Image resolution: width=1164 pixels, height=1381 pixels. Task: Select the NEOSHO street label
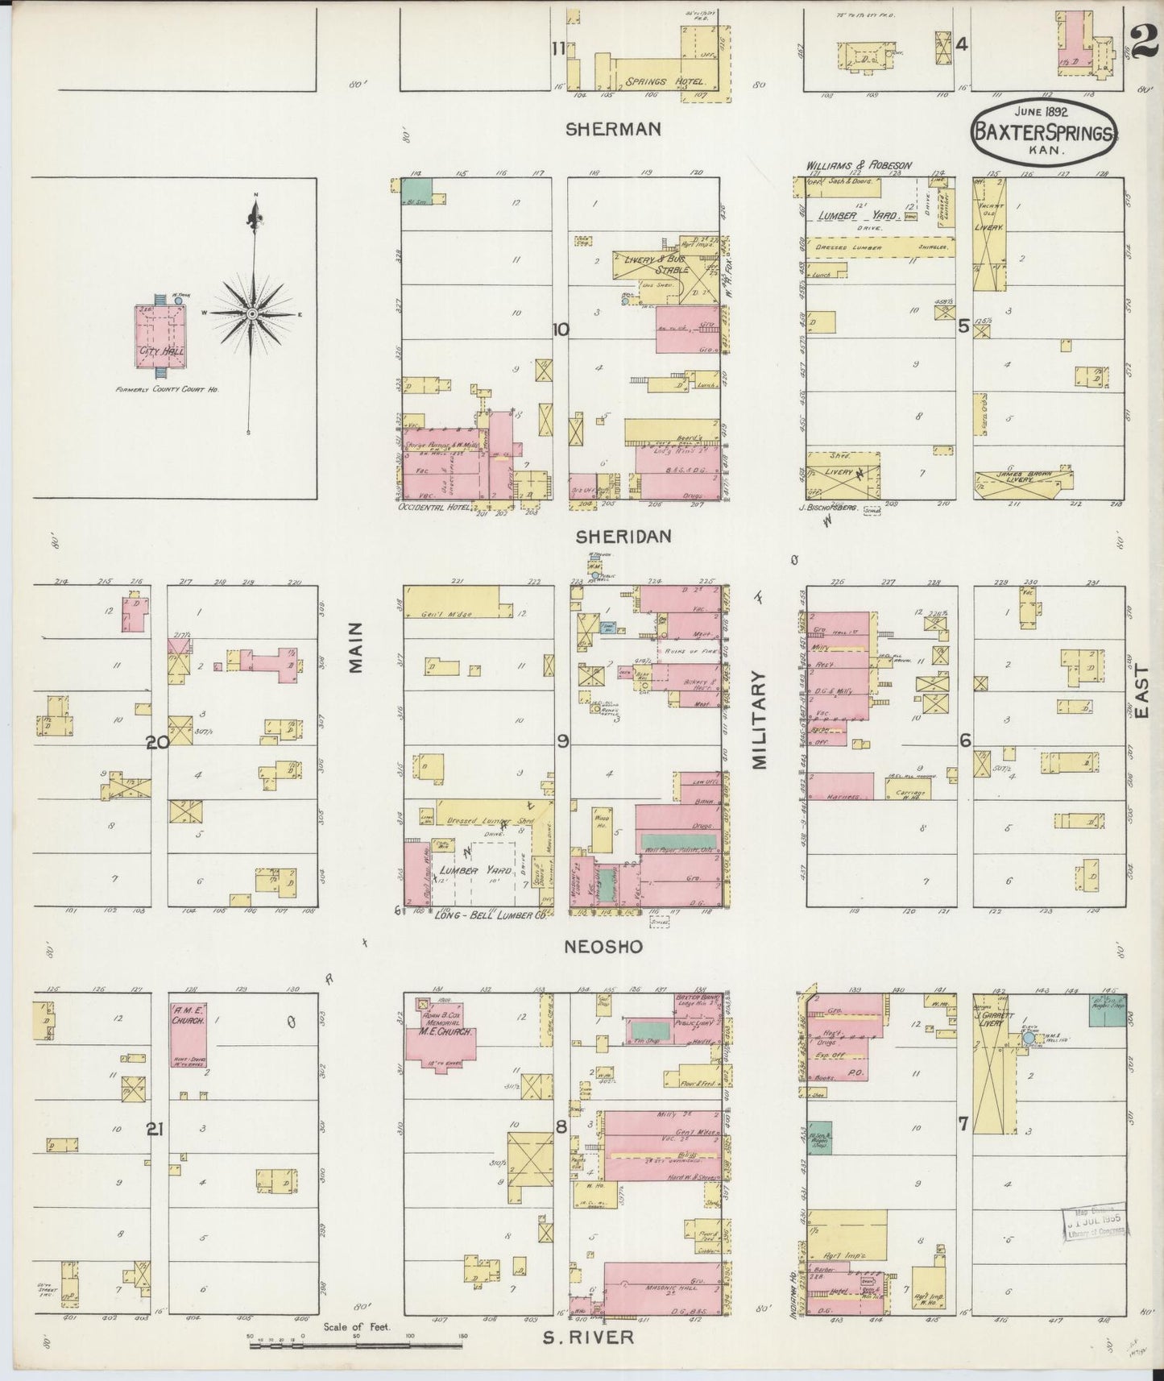[x=615, y=947]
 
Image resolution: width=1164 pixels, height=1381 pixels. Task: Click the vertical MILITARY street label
[x=762, y=723]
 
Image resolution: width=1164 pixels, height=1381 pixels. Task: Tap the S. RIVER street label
[x=587, y=1337]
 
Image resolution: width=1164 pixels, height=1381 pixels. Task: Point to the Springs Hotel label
[x=666, y=82]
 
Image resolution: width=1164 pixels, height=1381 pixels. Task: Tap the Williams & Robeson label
[x=859, y=165]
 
